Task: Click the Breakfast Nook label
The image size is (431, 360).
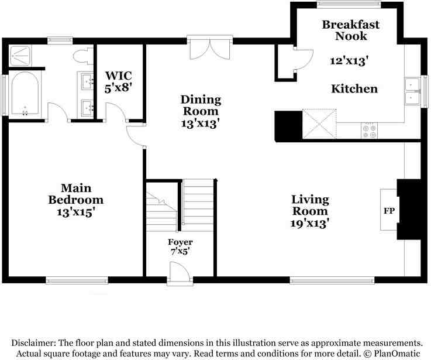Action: [x=350, y=30]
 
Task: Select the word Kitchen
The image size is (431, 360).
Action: [x=354, y=89]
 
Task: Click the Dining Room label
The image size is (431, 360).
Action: [x=200, y=105]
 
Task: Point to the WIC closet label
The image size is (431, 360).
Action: [x=119, y=76]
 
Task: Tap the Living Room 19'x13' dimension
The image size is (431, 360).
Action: [x=311, y=223]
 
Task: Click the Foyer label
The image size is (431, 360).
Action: [x=180, y=242]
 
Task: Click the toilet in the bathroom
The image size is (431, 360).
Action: [x=81, y=57]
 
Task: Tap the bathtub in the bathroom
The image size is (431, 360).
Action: [x=25, y=94]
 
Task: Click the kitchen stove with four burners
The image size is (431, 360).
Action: [x=369, y=131]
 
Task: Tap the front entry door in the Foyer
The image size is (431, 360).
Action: [x=180, y=273]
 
